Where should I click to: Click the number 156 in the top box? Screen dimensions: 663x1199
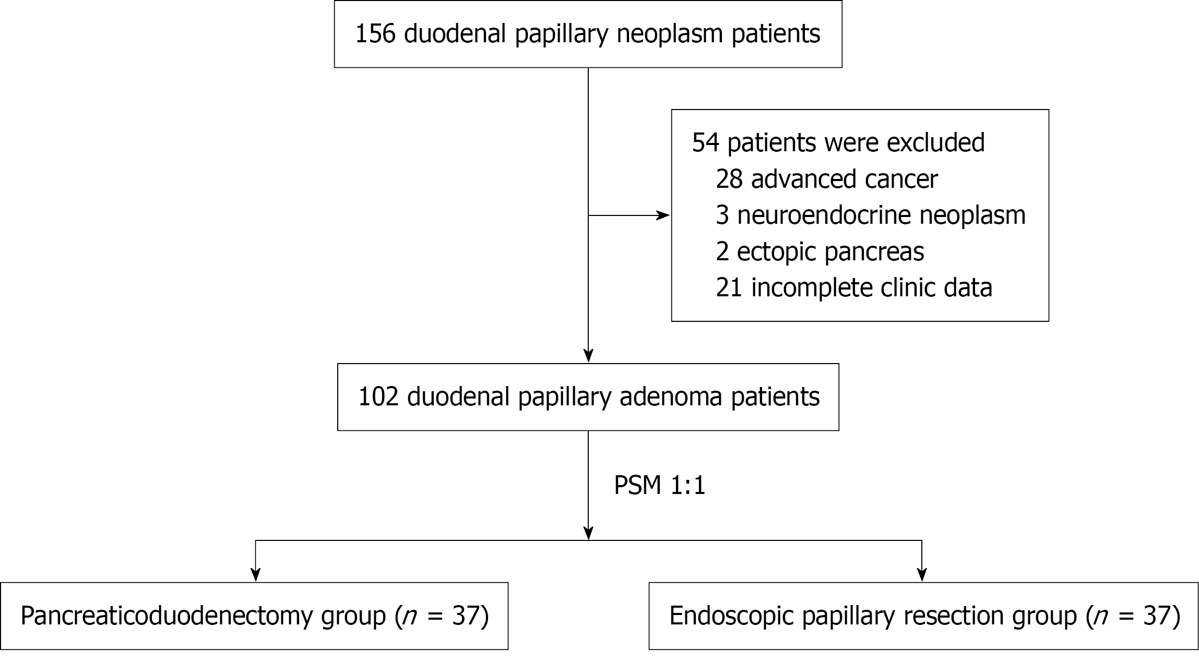(x=375, y=34)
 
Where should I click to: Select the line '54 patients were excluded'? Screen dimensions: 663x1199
(x=838, y=142)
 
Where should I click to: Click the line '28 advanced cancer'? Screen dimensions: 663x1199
(x=826, y=179)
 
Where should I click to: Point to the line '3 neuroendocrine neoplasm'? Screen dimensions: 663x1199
(x=870, y=215)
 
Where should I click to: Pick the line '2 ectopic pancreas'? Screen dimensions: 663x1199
(x=820, y=251)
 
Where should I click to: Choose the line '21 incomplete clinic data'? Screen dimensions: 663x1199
(x=853, y=287)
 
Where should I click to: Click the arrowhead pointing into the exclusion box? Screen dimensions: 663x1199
(x=663, y=215)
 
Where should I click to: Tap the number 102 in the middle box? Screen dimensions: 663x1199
(x=378, y=397)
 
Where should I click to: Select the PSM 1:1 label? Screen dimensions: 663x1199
(x=659, y=486)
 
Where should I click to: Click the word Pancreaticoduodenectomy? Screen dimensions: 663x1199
(x=166, y=616)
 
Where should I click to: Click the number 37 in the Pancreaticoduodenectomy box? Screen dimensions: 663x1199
(x=466, y=616)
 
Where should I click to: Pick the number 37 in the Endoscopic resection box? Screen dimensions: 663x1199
(x=1157, y=616)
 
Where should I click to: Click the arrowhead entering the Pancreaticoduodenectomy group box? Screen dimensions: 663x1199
(x=255, y=575)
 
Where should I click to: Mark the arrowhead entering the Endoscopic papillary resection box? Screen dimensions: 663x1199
(x=922, y=575)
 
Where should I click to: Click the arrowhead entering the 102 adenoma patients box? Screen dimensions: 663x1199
(x=588, y=356)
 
